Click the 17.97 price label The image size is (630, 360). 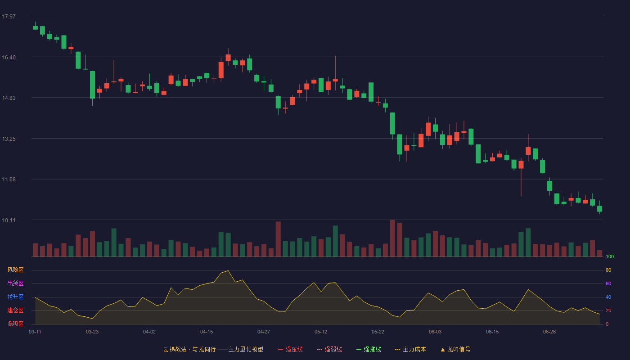(9, 17)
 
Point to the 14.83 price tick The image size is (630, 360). (9, 98)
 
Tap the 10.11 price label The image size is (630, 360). (9, 220)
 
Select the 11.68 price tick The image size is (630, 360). (9, 180)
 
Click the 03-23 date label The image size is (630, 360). (92, 332)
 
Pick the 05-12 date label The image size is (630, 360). (321, 332)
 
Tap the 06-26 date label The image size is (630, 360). (549, 332)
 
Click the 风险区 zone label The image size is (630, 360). (15, 270)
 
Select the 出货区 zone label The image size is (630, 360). (15, 283)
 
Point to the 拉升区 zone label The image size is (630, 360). (15, 297)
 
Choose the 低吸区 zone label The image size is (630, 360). (15, 324)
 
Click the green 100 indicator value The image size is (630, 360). (610, 256)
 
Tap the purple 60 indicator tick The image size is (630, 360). (608, 283)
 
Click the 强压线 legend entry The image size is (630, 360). (290, 349)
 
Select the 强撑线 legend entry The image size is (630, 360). (369, 349)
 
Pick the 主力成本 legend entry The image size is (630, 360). (410, 349)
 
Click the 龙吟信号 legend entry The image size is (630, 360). (455, 349)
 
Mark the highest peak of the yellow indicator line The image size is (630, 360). (228, 270)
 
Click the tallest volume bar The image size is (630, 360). (392, 238)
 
